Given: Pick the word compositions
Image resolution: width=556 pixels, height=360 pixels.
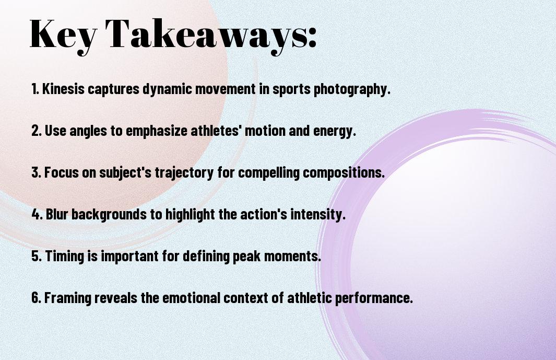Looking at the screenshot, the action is pyautogui.click(x=344, y=173).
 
